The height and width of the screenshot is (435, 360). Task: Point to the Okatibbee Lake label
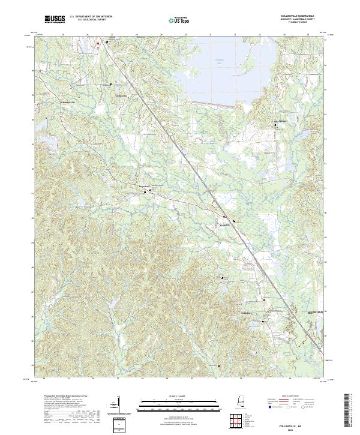coord(205,61)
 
